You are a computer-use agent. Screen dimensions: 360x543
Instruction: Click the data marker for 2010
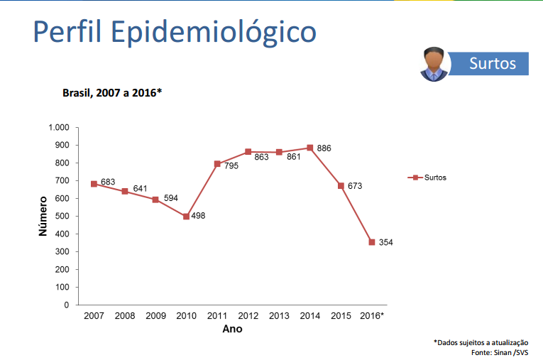pyautogui.click(x=186, y=217)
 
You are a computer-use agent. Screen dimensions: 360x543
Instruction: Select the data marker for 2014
pyautogui.click(x=309, y=148)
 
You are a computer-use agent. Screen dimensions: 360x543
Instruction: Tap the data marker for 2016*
pyautogui.click(x=371, y=242)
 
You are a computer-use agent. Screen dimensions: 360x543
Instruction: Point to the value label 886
pyautogui.click(x=324, y=148)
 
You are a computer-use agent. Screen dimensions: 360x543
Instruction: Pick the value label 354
pyautogui.click(x=385, y=243)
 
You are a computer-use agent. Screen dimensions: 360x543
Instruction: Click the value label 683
pyautogui.click(x=108, y=182)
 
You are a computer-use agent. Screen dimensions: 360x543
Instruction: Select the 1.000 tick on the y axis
pyautogui.click(x=58, y=128)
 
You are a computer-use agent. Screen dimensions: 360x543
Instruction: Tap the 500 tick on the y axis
pyautogui.click(x=62, y=217)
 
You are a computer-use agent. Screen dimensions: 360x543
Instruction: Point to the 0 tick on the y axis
pyautogui.click(x=67, y=305)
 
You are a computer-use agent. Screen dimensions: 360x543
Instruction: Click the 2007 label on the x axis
pyautogui.click(x=94, y=315)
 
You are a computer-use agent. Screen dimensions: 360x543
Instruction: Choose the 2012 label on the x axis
pyautogui.click(x=248, y=315)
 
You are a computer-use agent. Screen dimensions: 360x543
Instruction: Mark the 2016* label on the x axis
pyautogui.click(x=372, y=315)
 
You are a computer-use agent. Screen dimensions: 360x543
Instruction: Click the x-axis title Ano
pyautogui.click(x=232, y=329)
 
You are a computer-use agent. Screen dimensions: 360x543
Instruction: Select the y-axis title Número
pyautogui.click(x=43, y=217)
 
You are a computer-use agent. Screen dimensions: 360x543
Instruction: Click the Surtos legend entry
pyautogui.click(x=429, y=178)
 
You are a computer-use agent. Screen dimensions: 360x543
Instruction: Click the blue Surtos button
pyautogui.click(x=491, y=63)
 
